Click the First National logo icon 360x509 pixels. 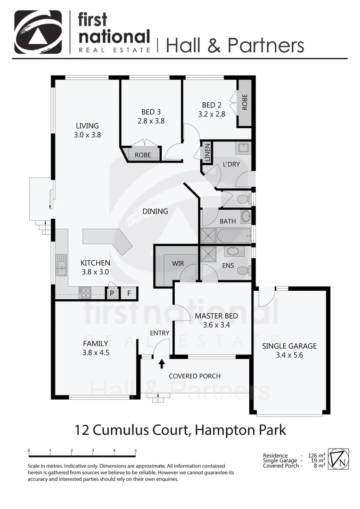(38, 32)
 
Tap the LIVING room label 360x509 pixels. (88, 126)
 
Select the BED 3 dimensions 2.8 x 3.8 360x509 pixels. (151, 121)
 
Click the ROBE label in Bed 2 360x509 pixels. (245, 102)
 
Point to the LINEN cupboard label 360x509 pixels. (207, 152)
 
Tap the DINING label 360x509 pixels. (155, 211)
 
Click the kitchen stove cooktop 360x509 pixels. (85, 293)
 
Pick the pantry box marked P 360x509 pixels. (112, 293)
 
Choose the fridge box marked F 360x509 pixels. (129, 293)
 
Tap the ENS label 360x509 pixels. (228, 266)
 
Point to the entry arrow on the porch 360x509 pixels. (162, 363)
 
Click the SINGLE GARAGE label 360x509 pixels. (289, 346)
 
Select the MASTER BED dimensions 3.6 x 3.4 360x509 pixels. (216, 325)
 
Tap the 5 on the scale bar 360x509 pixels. (136, 451)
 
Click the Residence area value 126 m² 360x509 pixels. (316, 456)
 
